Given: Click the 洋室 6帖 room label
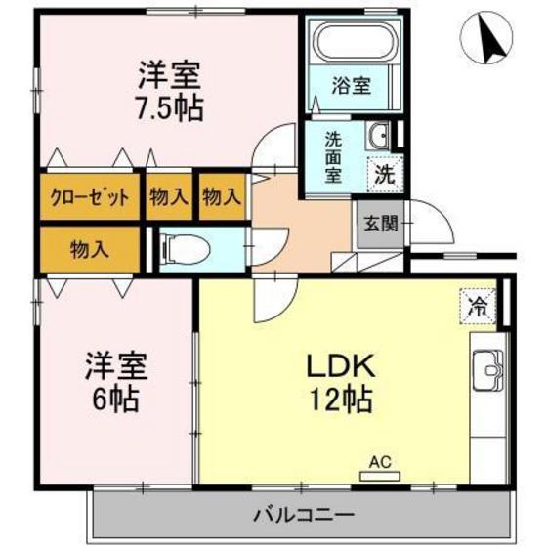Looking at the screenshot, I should (x=113, y=382).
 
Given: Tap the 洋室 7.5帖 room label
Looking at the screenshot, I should (x=168, y=90).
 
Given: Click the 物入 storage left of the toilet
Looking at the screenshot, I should (x=90, y=249).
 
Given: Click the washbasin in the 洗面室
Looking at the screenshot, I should (x=379, y=135).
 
